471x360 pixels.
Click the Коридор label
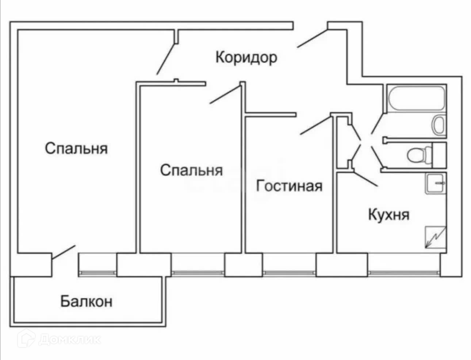pyautogui.click(x=246, y=58)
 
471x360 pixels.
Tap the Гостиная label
pyautogui.click(x=289, y=186)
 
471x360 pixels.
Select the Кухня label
pyautogui.click(x=388, y=214)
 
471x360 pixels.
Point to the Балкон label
pyautogui.click(x=86, y=302)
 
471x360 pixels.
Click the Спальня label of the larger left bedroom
pyautogui.click(x=76, y=149)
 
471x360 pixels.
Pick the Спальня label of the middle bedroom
pyautogui.click(x=191, y=170)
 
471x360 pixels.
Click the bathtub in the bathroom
pyautogui.click(x=416, y=98)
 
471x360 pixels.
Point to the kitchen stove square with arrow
pyautogui.click(x=435, y=237)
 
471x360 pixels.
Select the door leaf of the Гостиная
pyautogui.click(x=315, y=125)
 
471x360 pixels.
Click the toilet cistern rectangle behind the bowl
pyautogui.click(x=439, y=155)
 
